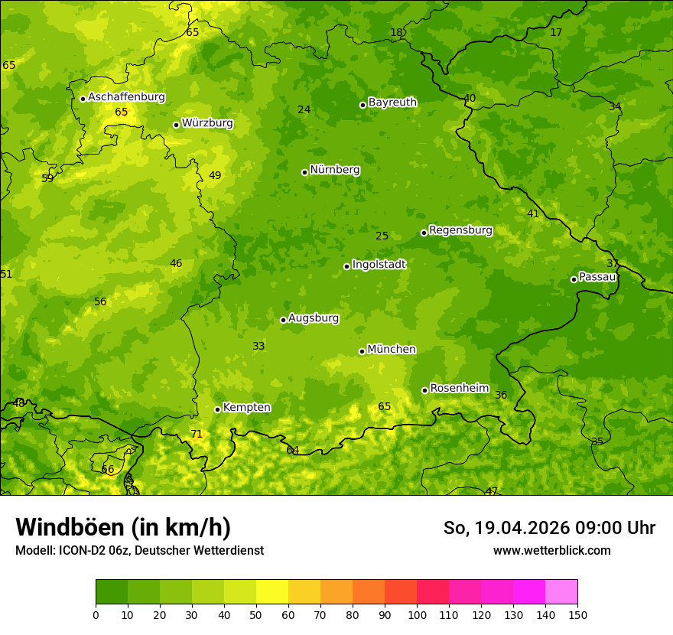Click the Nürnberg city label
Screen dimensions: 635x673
pos(334,170)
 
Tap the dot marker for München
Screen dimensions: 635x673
pos(362,351)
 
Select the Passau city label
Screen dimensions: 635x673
pos(597,277)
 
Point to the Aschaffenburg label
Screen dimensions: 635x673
pos(126,97)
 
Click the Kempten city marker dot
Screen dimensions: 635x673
pos(217,409)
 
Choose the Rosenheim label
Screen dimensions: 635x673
pos(459,389)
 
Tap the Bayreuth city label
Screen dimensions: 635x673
pos(392,103)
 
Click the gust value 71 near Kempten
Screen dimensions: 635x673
pos(197,434)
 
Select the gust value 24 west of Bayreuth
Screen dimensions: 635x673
pos(304,109)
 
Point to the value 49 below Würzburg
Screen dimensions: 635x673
pos(215,175)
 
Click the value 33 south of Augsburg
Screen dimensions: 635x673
pos(258,346)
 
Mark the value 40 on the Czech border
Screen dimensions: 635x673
pos(470,98)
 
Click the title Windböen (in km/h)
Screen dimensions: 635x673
pos(123,527)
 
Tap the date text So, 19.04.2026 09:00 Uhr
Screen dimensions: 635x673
pos(549,528)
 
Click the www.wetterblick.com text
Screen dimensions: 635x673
pos(551,550)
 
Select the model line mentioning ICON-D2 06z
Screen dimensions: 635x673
pos(139,550)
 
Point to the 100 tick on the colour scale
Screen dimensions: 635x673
pos(417,614)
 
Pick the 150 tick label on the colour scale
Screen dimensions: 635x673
pos(577,614)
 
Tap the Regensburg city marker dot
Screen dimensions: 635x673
pos(424,233)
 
